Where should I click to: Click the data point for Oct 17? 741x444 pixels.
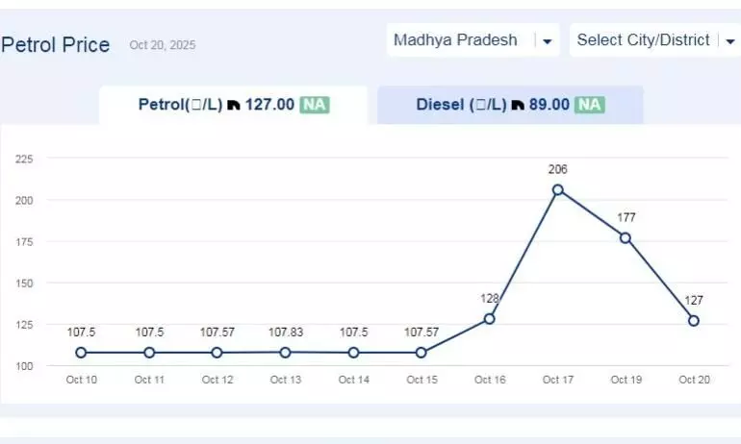[x=557, y=190]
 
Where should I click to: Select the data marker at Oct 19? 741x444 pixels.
[x=626, y=237]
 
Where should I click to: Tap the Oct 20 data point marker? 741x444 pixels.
[x=693, y=321]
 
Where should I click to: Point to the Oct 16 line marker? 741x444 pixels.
[x=489, y=318]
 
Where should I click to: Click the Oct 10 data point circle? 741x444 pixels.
[x=81, y=353]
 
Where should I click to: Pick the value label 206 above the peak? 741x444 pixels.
[x=557, y=170]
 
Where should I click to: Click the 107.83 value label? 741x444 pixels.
[x=285, y=333]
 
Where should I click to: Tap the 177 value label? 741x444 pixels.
[x=626, y=218]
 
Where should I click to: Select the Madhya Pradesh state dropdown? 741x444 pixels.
[x=473, y=40]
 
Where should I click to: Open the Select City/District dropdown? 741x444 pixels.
[x=654, y=40]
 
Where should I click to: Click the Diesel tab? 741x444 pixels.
[x=509, y=105]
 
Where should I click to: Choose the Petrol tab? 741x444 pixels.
[x=233, y=105]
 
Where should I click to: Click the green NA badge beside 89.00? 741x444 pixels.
[x=590, y=105]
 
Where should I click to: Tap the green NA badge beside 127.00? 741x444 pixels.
[x=314, y=105]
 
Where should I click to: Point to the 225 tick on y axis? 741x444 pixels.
[x=24, y=159]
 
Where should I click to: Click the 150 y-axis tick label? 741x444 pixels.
[x=24, y=284]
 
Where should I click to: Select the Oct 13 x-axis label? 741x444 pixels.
[x=285, y=380]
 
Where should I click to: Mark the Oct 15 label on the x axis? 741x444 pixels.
[x=422, y=380]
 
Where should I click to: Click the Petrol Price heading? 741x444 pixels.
[x=56, y=45]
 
